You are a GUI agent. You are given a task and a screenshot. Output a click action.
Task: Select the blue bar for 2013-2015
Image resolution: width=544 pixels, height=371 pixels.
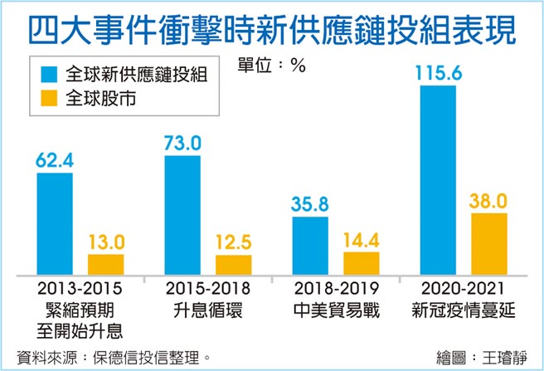pyautogui.click(x=55, y=224)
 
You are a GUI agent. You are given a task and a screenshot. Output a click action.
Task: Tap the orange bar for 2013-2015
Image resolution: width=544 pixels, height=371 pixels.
pyautogui.click(x=105, y=265)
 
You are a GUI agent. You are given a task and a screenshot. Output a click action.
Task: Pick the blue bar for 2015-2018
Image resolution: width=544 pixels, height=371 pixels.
pyautogui.click(x=182, y=215)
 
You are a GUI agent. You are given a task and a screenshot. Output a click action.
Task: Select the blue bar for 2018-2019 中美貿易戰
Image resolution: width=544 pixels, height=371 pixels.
pyautogui.click(x=310, y=247)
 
